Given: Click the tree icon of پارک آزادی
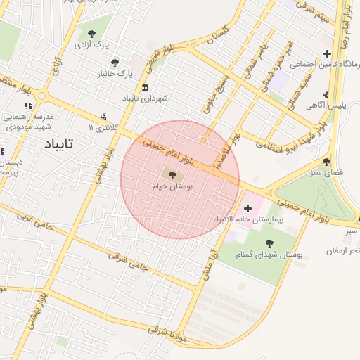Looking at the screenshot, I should point(91,33).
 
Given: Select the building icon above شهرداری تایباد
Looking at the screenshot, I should point(145,87).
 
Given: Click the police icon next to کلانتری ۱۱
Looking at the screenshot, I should point(104,117).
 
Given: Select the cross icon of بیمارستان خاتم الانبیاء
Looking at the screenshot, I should point(247,208).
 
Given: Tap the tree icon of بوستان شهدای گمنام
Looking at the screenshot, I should point(269,243).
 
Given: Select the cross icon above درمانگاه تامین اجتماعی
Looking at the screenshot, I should point(327,53).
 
